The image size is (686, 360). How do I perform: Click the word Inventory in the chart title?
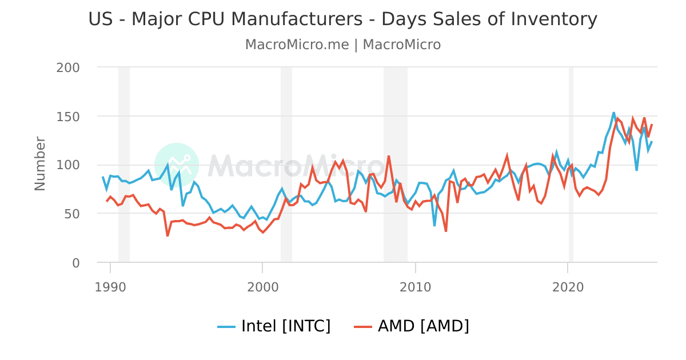[553, 19]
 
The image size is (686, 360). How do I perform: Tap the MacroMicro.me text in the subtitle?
[297, 45]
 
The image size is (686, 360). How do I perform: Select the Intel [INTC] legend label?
[286, 326]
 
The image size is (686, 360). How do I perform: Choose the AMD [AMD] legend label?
[424, 326]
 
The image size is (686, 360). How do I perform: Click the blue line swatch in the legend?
[226, 327]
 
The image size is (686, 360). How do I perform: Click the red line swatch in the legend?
[363, 327]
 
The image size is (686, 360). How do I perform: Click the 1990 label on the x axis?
[110, 286]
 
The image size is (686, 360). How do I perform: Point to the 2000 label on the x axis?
[262, 286]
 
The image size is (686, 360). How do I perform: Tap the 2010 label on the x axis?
[415, 286]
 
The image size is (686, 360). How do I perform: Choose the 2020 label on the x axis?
[568, 286]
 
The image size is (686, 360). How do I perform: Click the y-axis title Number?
[40, 163]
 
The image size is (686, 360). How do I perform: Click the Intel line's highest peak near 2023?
[613, 113]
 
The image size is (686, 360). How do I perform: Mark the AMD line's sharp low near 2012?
[446, 231]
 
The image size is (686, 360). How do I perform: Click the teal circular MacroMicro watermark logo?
[177, 165]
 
